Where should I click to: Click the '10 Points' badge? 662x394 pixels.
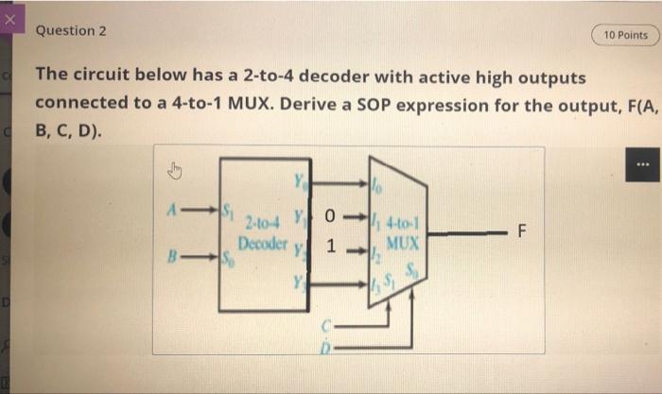(x=625, y=35)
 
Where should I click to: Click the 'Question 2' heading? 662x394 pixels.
(x=71, y=30)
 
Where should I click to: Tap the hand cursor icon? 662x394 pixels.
(x=174, y=171)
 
